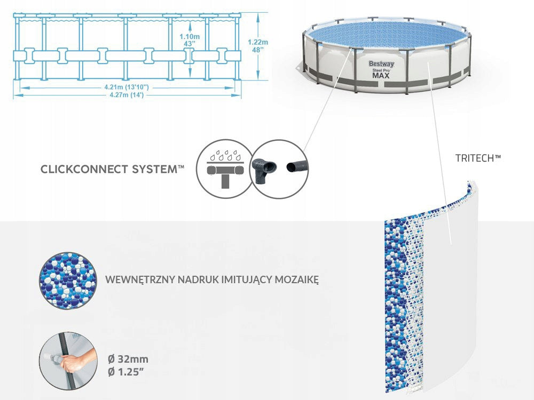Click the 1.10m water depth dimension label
click(x=190, y=39)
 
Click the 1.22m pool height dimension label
click(x=258, y=45)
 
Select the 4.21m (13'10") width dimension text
click(x=127, y=87)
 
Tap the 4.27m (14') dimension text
click(x=127, y=95)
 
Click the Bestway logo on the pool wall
click(x=381, y=64)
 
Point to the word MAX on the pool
click(x=381, y=75)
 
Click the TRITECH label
click(x=478, y=158)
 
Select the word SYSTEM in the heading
click(x=158, y=170)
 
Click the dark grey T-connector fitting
click(x=264, y=169)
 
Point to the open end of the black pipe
click(x=292, y=167)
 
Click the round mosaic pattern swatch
click(x=68, y=281)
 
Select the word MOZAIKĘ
click(x=296, y=280)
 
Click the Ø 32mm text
click(x=128, y=359)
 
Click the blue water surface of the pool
click(x=388, y=35)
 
